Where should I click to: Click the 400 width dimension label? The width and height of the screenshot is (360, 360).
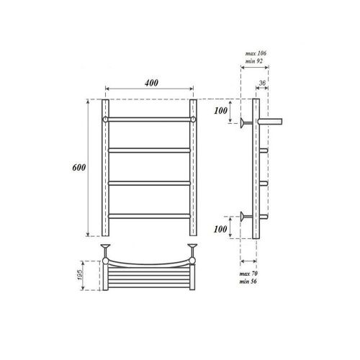click(x=150, y=83)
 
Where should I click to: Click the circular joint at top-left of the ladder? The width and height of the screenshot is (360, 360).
click(x=104, y=117)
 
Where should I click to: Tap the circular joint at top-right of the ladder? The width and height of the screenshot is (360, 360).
click(x=194, y=117)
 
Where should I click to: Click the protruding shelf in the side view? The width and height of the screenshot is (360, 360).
click(x=271, y=121)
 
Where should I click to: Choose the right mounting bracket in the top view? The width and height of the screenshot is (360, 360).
click(x=192, y=250)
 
